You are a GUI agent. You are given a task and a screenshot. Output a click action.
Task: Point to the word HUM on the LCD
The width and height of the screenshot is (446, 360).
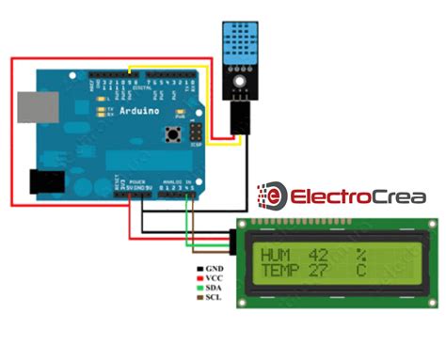coord(279,255)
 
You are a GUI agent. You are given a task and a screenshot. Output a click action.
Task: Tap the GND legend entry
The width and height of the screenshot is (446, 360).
coord(211,268)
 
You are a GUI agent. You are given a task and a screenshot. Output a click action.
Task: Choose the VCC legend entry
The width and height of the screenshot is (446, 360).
coord(211,278)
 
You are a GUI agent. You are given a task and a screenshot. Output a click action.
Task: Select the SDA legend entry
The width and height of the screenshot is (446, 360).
coord(211,290)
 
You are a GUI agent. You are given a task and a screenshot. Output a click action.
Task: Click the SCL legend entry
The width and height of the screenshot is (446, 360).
coord(211,301)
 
